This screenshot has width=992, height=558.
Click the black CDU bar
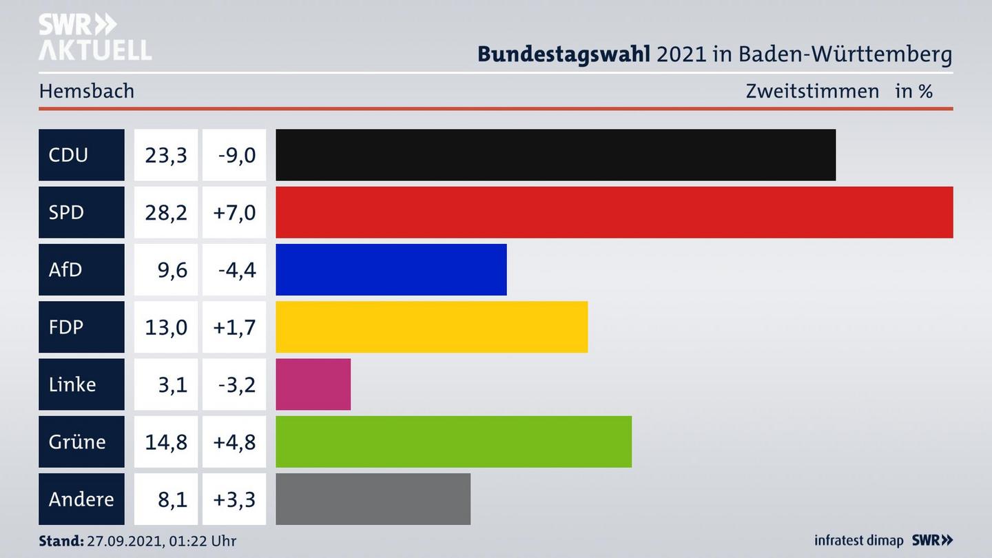pyautogui.click(x=555, y=155)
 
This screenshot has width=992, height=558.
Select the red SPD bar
pyautogui.click(x=614, y=212)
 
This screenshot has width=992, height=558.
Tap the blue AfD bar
pyautogui.click(x=391, y=269)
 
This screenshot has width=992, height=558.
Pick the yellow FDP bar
pyautogui.click(x=431, y=327)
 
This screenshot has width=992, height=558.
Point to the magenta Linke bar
pyautogui.click(x=313, y=384)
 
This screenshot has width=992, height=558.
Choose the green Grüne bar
pyautogui.click(x=453, y=442)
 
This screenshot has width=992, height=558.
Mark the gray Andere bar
pyautogui.click(x=373, y=499)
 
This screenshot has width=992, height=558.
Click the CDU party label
pyautogui.click(x=68, y=155)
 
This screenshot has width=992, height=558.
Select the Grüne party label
pyautogui.click(x=77, y=442)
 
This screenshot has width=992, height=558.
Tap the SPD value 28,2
pyautogui.click(x=165, y=212)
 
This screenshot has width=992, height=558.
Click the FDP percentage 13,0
pyautogui.click(x=165, y=327)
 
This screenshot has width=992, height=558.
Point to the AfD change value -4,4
pyautogui.click(x=236, y=269)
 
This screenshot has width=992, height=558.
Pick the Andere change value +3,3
pyautogui.click(x=234, y=499)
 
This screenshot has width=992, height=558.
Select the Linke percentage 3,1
pyautogui.click(x=172, y=384)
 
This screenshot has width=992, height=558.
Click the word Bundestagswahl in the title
pyautogui.click(x=564, y=54)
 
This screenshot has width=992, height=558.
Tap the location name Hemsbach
pyautogui.click(x=87, y=91)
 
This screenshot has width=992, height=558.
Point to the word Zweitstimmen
pyautogui.click(x=812, y=91)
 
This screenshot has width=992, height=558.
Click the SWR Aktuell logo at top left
pyautogui.click(x=94, y=37)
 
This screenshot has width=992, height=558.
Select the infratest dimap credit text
pyautogui.click(x=858, y=541)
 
